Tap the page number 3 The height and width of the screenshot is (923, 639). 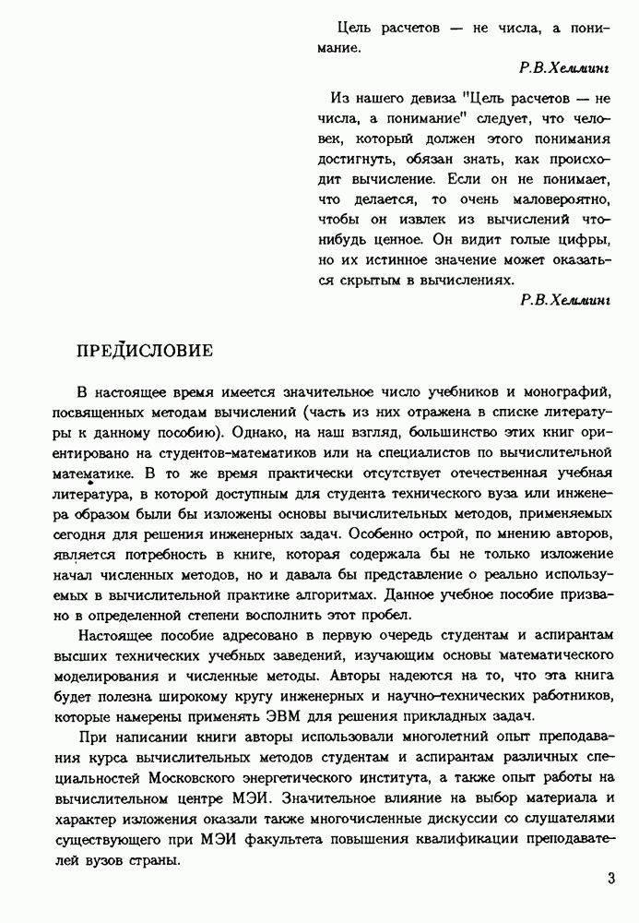[x=611, y=878]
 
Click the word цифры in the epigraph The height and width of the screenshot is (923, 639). [x=587, y=238]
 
